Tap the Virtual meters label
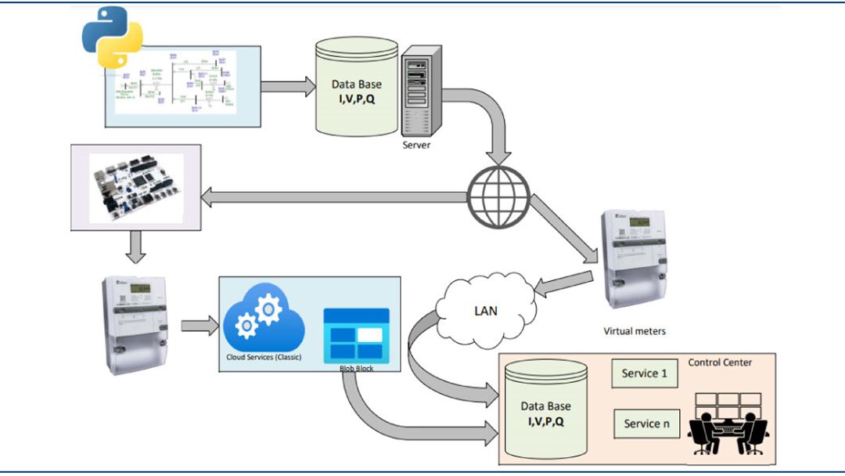coord(634,331)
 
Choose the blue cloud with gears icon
coord(259,322)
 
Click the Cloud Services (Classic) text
coord(259,358)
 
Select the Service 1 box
coord(644,373)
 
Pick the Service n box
coord(646,424)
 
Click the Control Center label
coord(720,362)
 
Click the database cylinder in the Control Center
coord(545,411)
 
